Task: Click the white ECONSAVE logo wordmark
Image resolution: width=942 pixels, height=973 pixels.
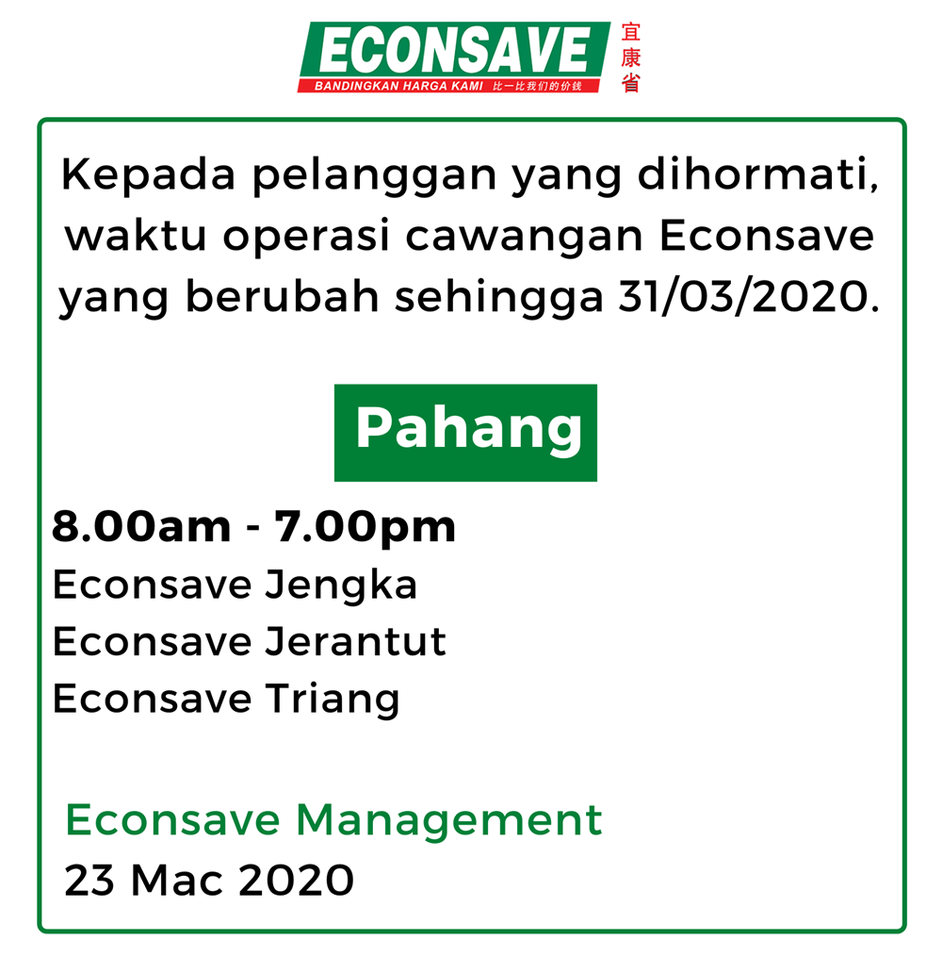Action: [455, 50]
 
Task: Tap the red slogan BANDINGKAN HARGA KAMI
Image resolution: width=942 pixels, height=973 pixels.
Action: [398, 86]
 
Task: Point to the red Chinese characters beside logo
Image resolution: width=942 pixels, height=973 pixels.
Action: [631, 58]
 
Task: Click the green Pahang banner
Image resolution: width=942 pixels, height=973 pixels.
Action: [465, 433]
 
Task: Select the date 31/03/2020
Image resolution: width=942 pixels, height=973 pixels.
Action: [749, 297]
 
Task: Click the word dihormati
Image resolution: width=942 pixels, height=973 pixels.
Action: [758, 174]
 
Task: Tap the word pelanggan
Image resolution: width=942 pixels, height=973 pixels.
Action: [375, 177]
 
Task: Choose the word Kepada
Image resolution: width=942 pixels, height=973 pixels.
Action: [148, 176]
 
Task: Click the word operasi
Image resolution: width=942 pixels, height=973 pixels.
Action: [306, 237]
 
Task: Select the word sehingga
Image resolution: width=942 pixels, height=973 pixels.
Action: [499, 299]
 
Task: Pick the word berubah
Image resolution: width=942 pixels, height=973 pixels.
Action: [283, 296]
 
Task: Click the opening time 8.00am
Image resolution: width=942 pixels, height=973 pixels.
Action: [141, 527]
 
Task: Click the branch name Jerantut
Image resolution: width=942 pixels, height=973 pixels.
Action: [355, 641]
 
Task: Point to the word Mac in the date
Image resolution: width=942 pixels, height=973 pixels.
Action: [177, 880]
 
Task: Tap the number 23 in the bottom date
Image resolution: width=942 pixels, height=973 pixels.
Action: [89, 880]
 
